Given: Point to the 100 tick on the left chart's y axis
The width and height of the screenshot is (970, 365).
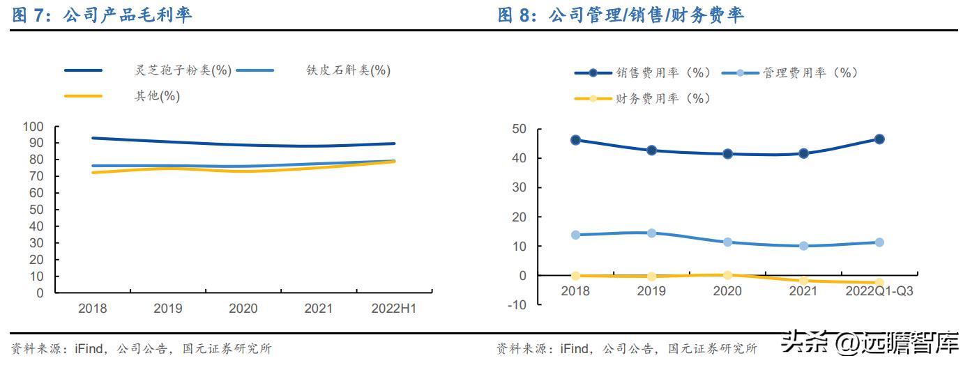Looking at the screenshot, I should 33,127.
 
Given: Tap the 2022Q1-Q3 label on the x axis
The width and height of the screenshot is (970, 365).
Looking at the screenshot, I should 879,291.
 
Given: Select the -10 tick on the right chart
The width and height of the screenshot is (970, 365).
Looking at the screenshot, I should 517,305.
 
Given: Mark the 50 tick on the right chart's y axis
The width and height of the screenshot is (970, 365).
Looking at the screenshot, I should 518,129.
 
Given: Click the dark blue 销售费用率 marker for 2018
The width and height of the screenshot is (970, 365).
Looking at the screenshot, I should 575,140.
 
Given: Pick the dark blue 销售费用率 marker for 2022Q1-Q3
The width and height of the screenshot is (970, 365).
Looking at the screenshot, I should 879,139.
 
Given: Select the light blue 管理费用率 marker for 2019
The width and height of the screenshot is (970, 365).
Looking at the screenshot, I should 651,233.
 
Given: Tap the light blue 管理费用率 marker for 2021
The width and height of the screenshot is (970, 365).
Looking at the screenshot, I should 803,246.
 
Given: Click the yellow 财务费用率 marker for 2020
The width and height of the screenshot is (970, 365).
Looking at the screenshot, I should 727,275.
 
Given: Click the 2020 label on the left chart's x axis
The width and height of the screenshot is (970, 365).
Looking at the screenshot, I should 243,309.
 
